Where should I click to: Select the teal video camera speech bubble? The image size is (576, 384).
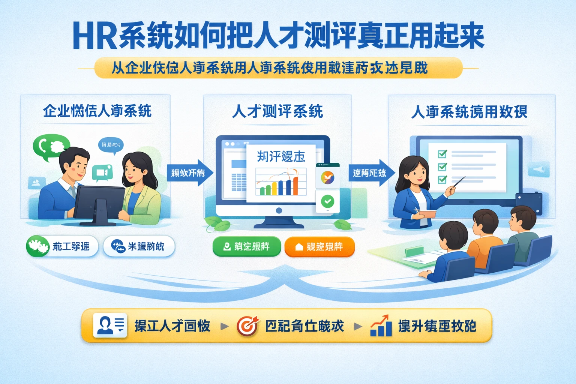coord(102,173)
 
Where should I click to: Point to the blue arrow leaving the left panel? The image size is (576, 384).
coord(189,172)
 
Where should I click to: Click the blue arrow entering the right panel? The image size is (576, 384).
coord(372,172)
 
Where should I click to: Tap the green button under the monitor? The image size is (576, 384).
coord(246,246)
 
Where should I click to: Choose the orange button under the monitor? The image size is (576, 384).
coord(319,246)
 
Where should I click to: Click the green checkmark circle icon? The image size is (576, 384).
coord(328,201)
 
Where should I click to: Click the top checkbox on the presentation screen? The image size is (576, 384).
coord(442,154)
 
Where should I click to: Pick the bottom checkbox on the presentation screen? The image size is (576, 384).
coord(442,179)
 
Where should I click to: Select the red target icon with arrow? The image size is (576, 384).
coord(248,325)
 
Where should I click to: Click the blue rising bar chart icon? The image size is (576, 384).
coord(381,326)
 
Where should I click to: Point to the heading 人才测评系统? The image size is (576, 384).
coord(277,111)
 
